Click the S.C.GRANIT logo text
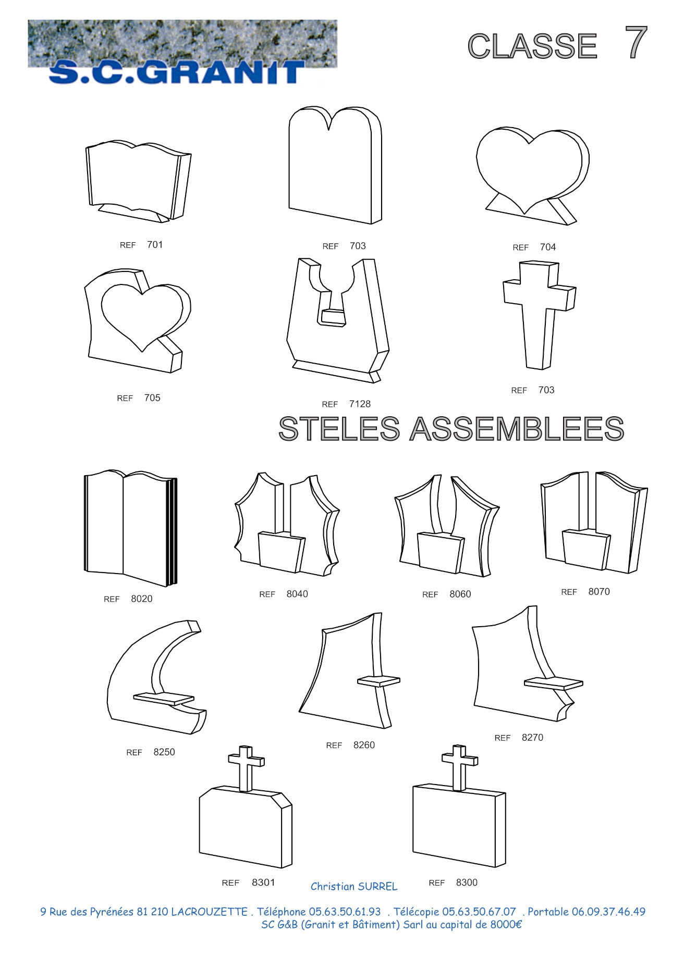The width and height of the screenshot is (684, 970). tap(176, 72)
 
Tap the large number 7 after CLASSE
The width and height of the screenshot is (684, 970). tap(636, 43)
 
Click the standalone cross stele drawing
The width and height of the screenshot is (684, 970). tap(540, 315)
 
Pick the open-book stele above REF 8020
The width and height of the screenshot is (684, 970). tap(131, 528)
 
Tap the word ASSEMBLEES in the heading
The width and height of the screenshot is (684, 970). tap(517, 429)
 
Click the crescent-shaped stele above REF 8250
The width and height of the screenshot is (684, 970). tap(156, 677)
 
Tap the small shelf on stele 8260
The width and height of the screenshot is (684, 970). tap(379, 681)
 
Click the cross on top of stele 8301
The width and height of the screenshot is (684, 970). tap(246, 768)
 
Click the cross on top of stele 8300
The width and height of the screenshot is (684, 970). tap(459, 767)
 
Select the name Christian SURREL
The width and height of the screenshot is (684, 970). tap(354, 886)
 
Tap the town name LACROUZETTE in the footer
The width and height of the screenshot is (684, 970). tap(209, 912)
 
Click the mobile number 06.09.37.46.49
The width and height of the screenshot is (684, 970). tap(608, 912)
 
